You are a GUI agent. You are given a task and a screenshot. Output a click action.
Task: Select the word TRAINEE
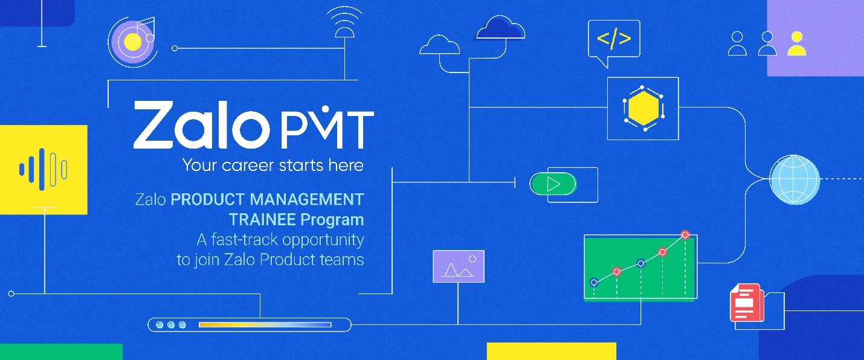(263, 220)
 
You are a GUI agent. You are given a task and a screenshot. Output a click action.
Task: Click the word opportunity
(323, 240)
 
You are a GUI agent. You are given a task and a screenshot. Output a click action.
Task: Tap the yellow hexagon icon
(643, 108)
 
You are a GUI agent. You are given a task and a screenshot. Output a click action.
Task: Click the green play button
(553, 184)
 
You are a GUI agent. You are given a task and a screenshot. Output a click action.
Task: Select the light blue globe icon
(795, 179)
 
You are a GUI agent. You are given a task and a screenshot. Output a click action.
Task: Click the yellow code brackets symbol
(614, 38)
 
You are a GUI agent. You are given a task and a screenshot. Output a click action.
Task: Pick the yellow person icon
(797, 43)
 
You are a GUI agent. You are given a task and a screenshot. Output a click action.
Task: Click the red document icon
(747, 303)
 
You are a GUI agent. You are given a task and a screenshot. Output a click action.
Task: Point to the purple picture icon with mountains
(459, 266)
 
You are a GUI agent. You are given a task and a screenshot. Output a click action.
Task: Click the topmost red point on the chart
(685, 234)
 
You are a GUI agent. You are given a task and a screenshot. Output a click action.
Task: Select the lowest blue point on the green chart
(594, 283)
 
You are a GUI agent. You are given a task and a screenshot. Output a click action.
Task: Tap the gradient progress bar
(265, 324)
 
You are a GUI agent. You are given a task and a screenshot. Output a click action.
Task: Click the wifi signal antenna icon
(344, 22)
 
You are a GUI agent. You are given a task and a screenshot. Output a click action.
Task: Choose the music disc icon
(132, 42)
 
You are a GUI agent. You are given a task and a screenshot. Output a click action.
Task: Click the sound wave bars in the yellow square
(44, 169)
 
